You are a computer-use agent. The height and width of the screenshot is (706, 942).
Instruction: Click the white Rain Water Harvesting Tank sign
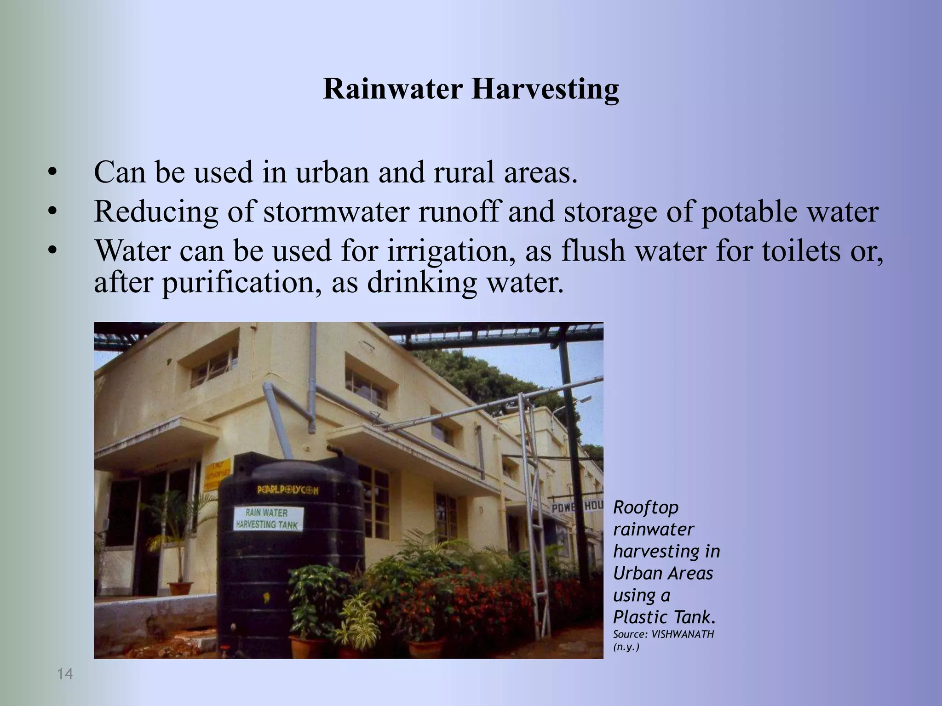(x=269, y=519)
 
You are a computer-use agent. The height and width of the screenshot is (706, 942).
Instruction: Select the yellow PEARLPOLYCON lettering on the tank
(x=287, y=490)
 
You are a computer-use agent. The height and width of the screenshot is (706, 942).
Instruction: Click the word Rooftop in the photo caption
(x=646, y=507)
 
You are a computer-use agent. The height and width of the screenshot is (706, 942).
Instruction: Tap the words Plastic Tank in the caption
(x=664, y=617)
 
